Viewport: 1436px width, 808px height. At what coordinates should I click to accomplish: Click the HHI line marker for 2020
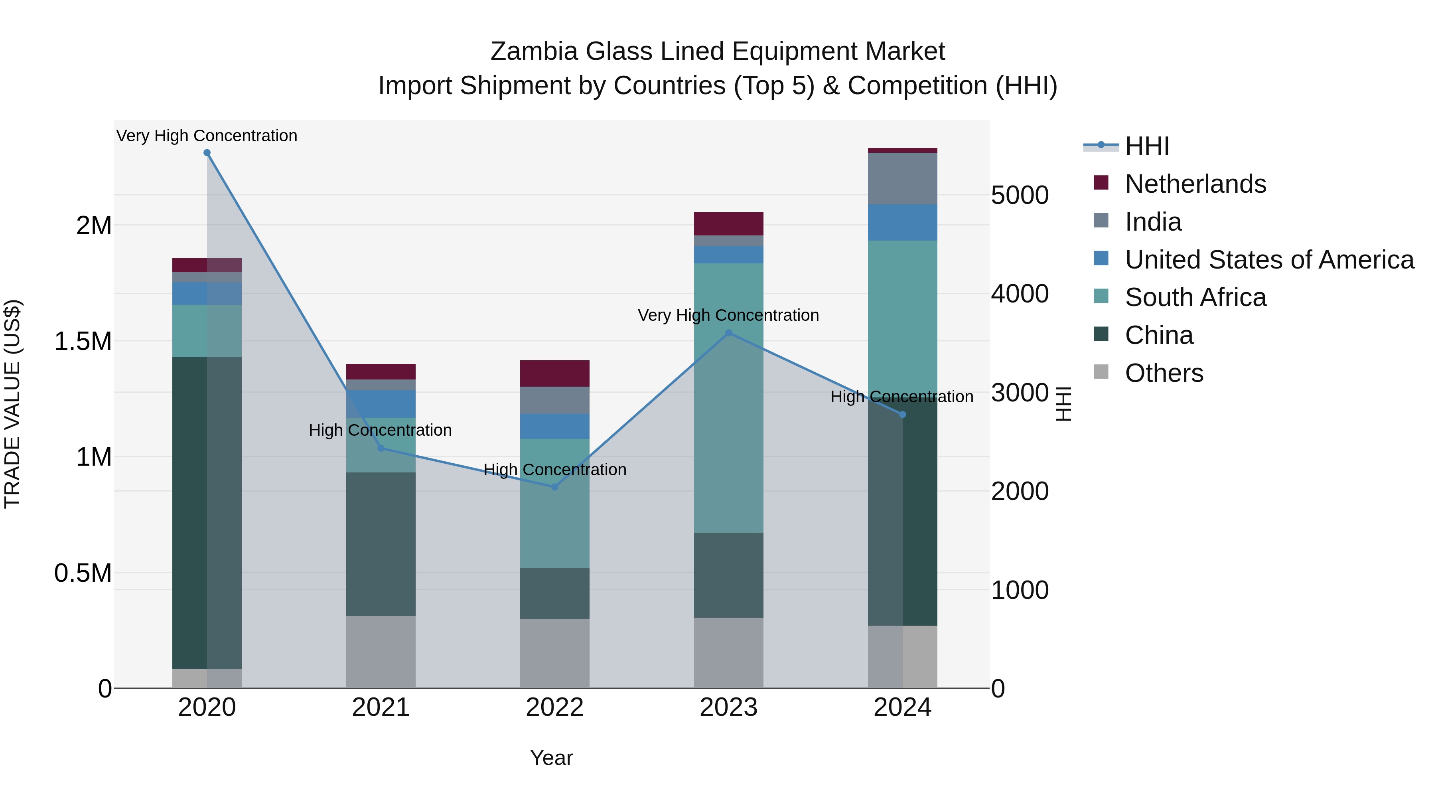pos(207,153)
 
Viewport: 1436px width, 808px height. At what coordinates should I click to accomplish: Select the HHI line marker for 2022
pos(555,487)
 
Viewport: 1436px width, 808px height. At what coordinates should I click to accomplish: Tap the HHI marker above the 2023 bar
pos(729,333)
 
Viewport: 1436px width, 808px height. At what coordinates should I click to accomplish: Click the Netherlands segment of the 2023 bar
pos(729,223)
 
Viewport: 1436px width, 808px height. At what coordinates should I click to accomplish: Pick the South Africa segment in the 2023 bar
pos(729,397)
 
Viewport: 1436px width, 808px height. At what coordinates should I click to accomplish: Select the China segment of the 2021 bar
pos(381,544)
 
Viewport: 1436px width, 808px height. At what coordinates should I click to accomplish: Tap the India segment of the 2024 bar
pos(903,178)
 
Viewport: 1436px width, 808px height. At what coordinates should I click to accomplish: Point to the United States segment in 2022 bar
pos(555,426)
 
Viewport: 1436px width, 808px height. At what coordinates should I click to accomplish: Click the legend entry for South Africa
pos(1195,297)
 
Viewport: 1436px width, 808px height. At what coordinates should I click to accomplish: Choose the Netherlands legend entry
pos(1195,184)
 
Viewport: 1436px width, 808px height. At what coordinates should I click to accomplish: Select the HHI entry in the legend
pos(1147,146)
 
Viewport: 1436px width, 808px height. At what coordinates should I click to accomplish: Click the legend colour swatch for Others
pos(1101,371)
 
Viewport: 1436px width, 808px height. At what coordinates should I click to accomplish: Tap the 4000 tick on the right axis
pos(1020,294)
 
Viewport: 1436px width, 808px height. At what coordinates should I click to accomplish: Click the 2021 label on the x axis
pos(381,707)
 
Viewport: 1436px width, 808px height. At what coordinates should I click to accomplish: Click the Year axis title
pos(551,758)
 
